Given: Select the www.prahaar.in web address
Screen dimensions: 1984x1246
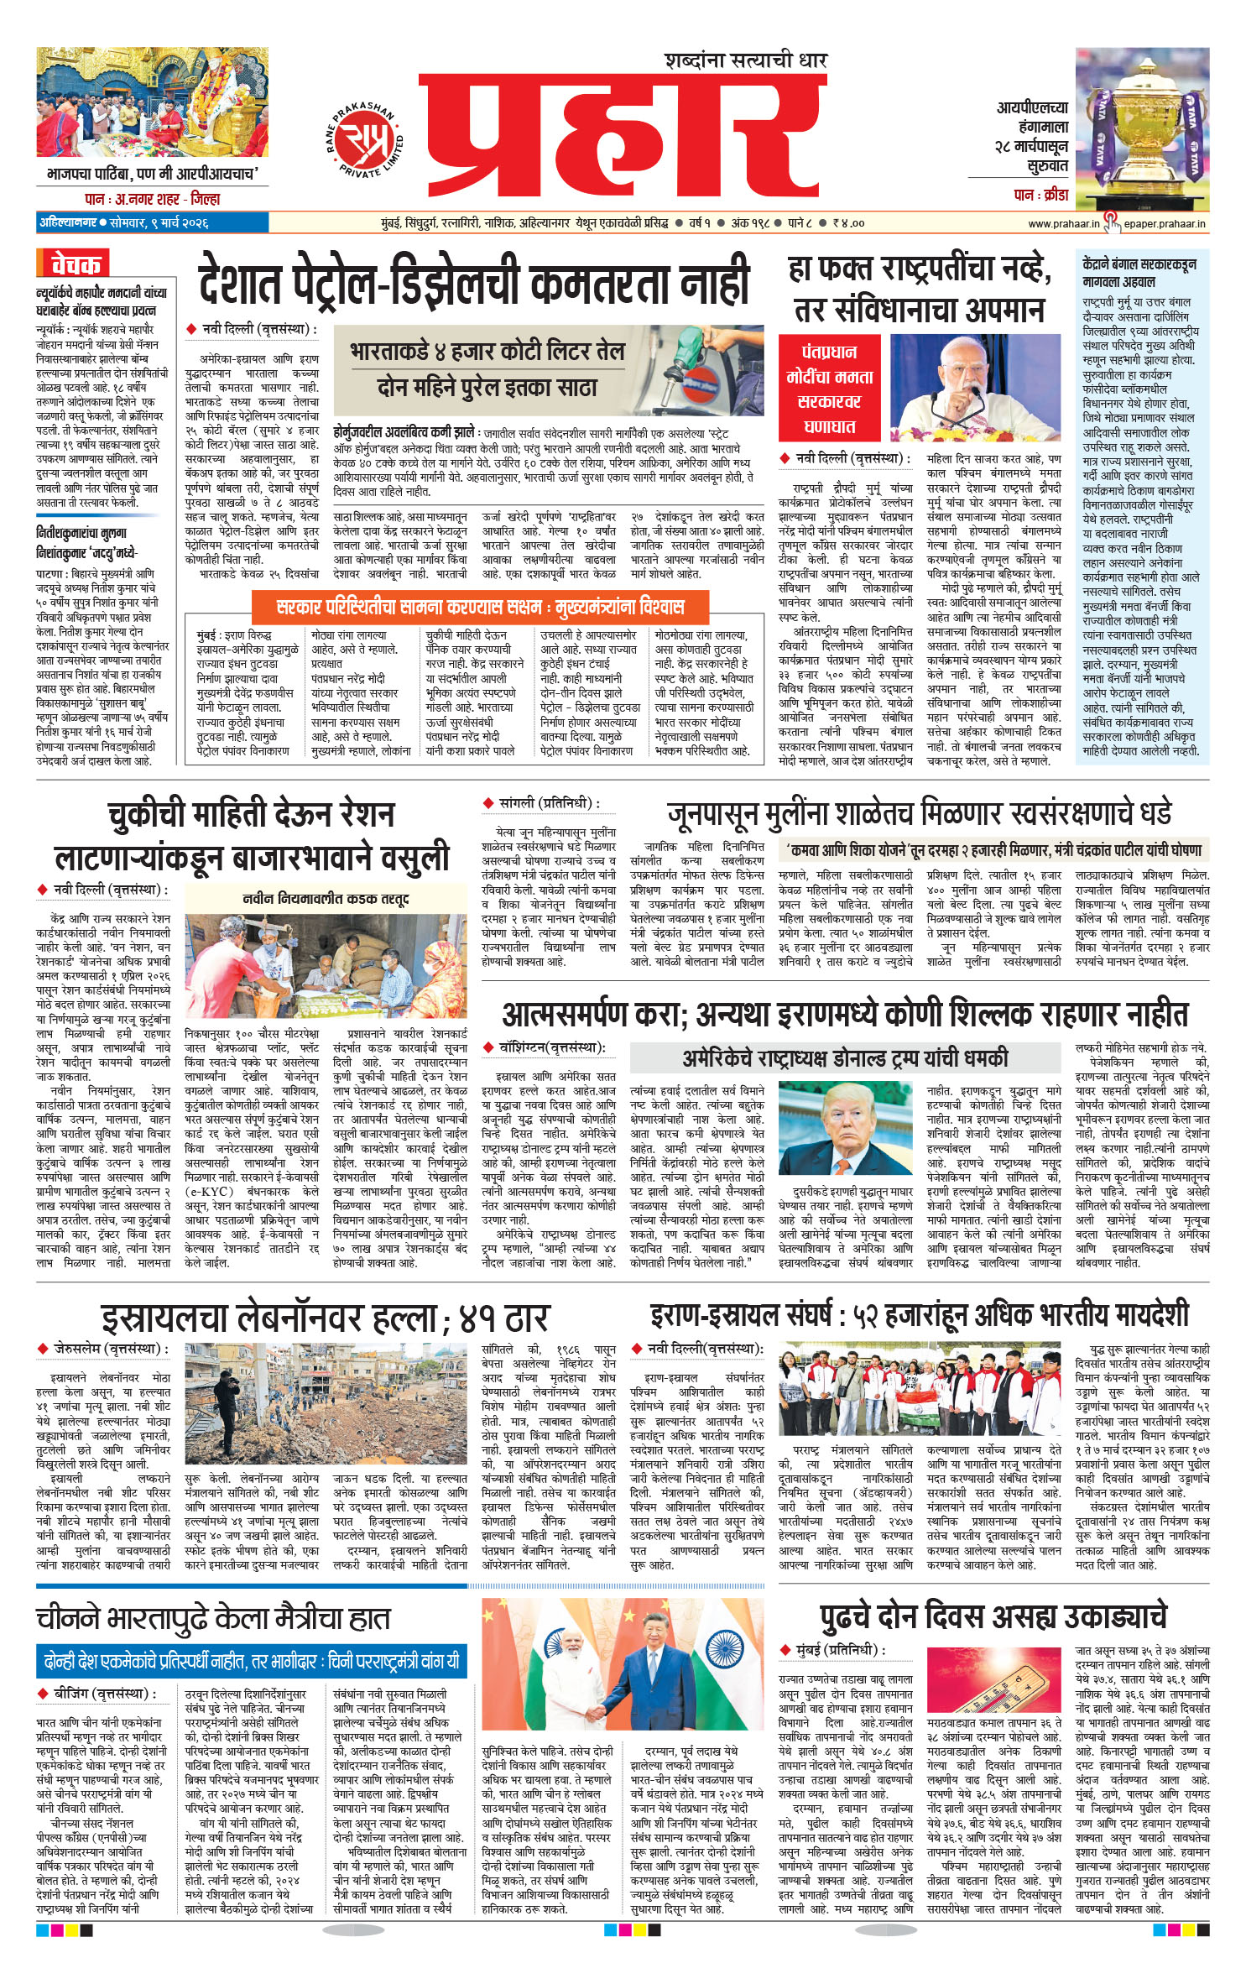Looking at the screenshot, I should click(x=1063, y=223).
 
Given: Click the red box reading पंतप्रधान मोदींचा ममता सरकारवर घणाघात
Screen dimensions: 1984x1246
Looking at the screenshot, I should click(x=829, y=388).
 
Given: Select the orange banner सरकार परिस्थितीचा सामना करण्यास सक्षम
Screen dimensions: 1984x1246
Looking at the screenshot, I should click(x=480, y=606).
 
